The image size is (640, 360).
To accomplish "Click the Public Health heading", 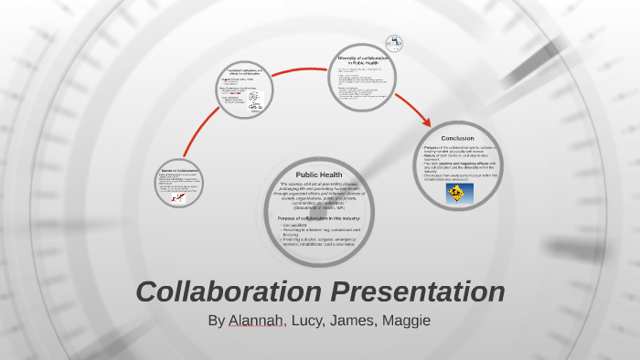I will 318,174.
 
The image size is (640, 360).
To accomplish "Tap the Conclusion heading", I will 457,138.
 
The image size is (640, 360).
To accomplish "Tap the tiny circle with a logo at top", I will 394,42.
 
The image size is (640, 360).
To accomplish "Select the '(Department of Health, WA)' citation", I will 318,209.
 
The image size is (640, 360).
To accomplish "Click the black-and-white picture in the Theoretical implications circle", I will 254,97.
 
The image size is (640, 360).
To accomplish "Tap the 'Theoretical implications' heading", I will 245,71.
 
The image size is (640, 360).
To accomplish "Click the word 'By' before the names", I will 216,321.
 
